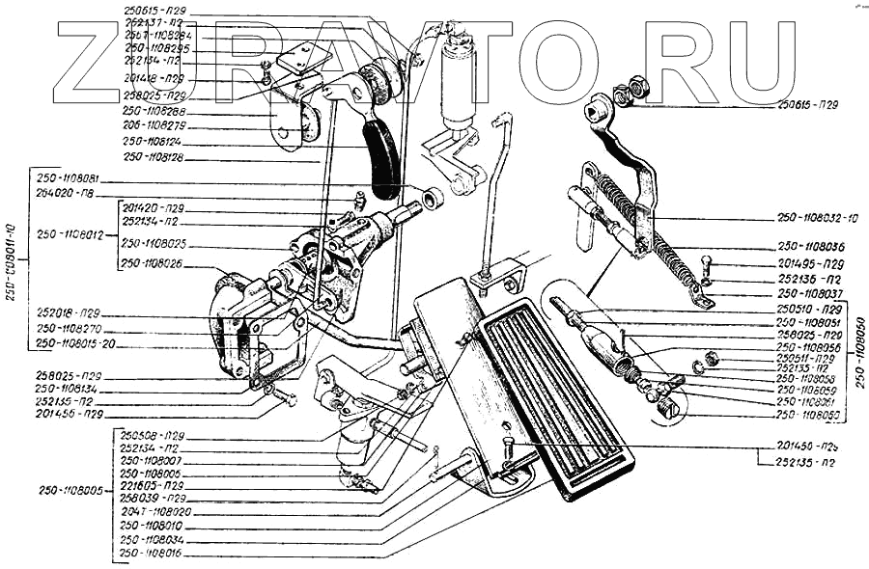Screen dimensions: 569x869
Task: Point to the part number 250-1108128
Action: pos(154,157)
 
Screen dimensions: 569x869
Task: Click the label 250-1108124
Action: pos(154,142)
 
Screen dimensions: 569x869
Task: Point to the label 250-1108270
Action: pos(69,328)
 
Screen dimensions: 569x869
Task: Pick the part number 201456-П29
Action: pos(69,415)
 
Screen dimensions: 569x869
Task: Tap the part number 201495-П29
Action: pos(811,263)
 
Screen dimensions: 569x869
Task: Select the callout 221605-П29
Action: pos(154,485)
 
